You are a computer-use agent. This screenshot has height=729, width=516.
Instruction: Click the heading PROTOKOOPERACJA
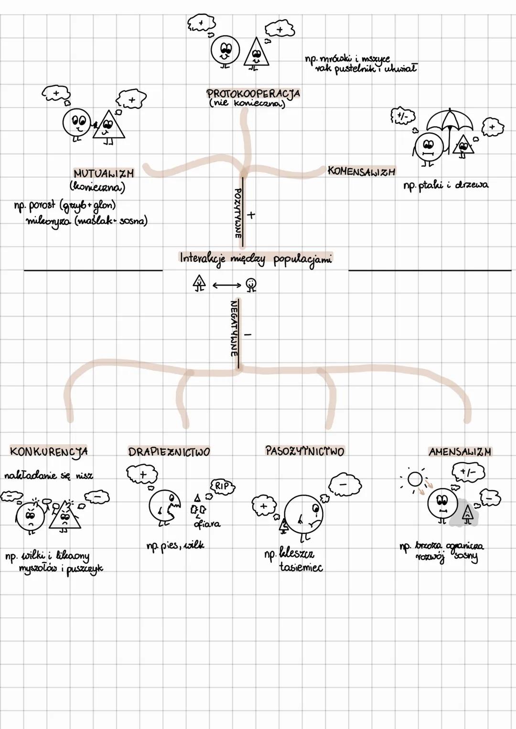pos(253,93)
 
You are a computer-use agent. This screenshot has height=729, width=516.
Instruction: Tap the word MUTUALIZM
pos(104,173)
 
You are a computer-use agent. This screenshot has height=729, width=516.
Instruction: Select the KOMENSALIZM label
pos(362,171)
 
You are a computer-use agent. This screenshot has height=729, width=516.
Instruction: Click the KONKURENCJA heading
pos(49,451)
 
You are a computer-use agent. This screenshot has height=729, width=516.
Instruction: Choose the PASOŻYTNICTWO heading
pos(304,451)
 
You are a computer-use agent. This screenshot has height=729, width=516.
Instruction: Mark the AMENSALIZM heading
pos(460,451)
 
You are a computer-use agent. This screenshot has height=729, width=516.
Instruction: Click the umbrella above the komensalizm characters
pos(450,122)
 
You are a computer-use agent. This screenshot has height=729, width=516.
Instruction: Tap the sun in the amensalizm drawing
pos(415,478)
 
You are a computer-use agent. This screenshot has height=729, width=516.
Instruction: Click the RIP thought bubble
pos(223,486)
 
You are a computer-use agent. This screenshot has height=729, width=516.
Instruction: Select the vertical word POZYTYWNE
pos(237,213)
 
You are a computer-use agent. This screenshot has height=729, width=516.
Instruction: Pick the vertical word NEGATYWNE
pos(234,328)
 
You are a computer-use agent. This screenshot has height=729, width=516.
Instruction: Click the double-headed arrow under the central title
pos(227,285)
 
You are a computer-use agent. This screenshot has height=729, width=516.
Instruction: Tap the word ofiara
pos(207,524)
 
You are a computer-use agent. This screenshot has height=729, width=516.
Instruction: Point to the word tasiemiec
pos(301,568)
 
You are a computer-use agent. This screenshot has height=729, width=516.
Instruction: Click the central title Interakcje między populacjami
pos(256,258)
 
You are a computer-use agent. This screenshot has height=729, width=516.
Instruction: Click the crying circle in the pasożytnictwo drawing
pos(304,514)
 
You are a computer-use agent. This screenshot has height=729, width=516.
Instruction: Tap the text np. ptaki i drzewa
pos(445,185)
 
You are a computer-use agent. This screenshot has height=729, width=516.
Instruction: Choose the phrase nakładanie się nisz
pos(49,475)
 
